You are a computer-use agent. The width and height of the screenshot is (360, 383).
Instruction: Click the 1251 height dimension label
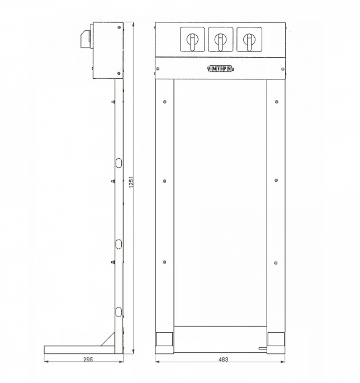tap(131, 182)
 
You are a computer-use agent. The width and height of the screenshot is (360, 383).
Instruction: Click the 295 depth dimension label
tap(88, 360)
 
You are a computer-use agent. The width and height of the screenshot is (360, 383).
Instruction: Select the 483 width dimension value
tap(223, 360)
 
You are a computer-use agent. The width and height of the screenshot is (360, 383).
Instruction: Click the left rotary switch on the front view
tap(192, 40)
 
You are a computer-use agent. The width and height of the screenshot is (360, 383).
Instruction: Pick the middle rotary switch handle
tap(221, 41)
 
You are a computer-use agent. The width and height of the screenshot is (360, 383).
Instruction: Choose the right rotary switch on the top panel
tap(249, 40)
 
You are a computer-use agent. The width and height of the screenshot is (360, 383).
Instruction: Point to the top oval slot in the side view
tap(119, 163)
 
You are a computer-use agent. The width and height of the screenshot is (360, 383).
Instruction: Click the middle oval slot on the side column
tap(119, 244)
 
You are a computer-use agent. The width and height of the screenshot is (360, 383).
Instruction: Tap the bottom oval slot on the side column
tap(119, 312)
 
